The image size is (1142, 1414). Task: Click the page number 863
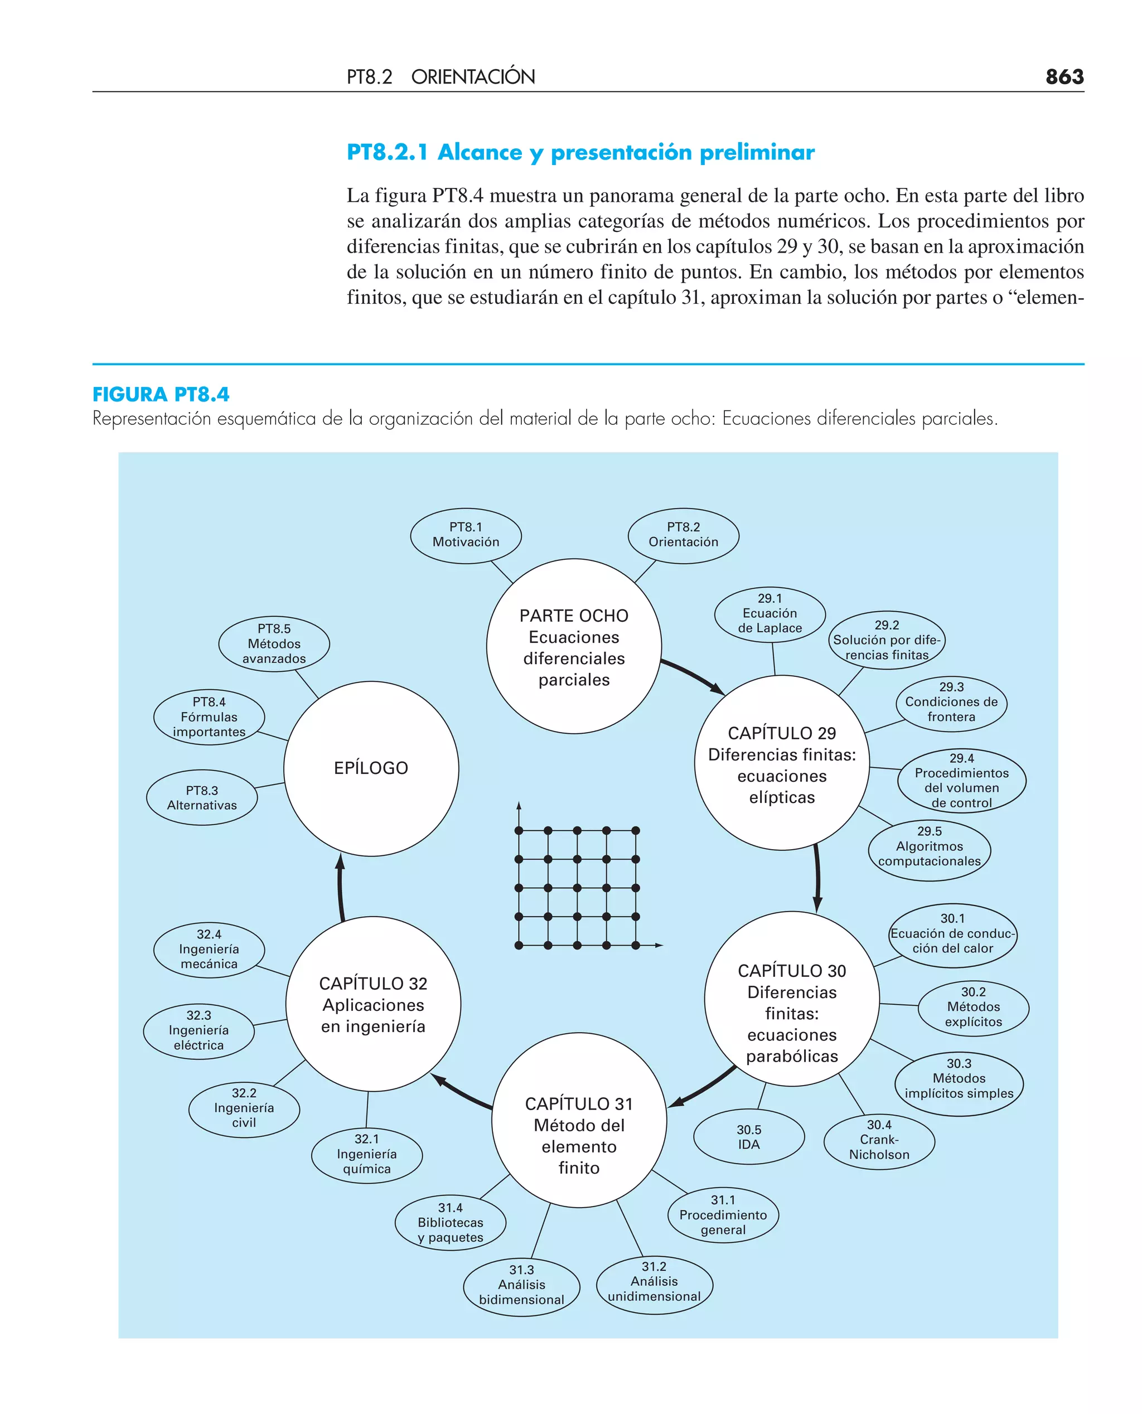tap(1064, 77)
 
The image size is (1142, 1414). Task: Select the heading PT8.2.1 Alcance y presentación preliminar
tap(580, 153)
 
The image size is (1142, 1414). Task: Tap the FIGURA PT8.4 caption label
tap(161, 395)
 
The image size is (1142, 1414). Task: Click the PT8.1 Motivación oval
tap(466, 535)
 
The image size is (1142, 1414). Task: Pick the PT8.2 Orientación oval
tap(683, 535)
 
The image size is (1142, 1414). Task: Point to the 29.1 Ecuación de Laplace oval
tap(770, 614)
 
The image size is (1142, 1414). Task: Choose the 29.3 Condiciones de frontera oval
tap(951, 702)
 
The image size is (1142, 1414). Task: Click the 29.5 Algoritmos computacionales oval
tap(929, 846)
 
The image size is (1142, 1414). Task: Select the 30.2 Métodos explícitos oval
tap(973, 1007)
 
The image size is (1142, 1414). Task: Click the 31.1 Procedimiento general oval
tap(723, 1215)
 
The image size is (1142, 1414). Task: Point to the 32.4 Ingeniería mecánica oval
tap(209, 949)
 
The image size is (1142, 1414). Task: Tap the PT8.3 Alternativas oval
tap(202, 797)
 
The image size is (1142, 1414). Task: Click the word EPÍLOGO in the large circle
tap(371, 768)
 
